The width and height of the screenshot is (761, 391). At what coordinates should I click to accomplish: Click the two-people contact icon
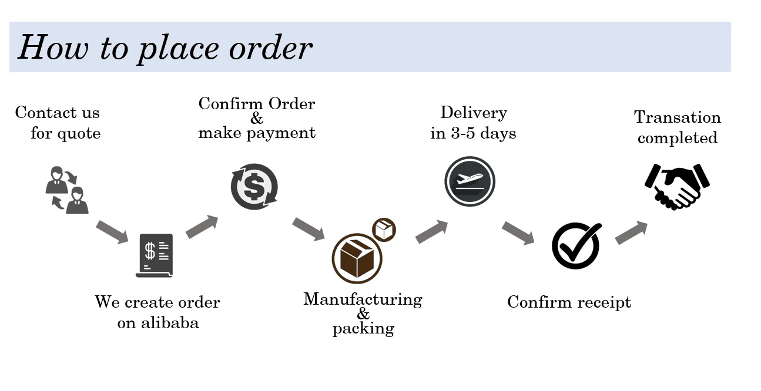(x=66, y=190)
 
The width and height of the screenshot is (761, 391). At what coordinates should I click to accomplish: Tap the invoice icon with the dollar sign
(x=155, y=255)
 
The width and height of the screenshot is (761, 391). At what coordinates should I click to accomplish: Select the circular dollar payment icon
(x=254, y=187)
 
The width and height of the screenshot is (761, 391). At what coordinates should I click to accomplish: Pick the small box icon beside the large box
(x=384, y=230)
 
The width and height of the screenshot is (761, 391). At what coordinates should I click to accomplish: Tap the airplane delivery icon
(x=470, y=181)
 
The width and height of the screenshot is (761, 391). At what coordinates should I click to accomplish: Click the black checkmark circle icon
(x=576, y=245)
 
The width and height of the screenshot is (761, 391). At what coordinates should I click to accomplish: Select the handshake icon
(x=677, y=186)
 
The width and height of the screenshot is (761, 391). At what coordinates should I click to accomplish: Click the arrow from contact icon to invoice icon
(x=112, y=231)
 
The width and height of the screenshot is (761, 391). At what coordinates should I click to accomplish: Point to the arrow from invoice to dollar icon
(x=202, y=227)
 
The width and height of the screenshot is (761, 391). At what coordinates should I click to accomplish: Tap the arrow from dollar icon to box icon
(x=308, y=228)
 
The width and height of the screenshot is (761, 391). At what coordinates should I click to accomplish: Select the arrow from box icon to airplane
(x=431, y=231)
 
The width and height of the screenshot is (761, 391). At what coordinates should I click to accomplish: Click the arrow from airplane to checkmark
(x=517, y=232)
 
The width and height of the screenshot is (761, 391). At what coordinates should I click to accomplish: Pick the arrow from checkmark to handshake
(x=631, y=232)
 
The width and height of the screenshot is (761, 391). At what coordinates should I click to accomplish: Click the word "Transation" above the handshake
(x=677, y=117)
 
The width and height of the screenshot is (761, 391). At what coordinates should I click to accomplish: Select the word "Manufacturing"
(x=363, y=299)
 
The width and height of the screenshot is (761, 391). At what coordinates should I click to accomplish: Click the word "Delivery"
(x=473, y=113)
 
